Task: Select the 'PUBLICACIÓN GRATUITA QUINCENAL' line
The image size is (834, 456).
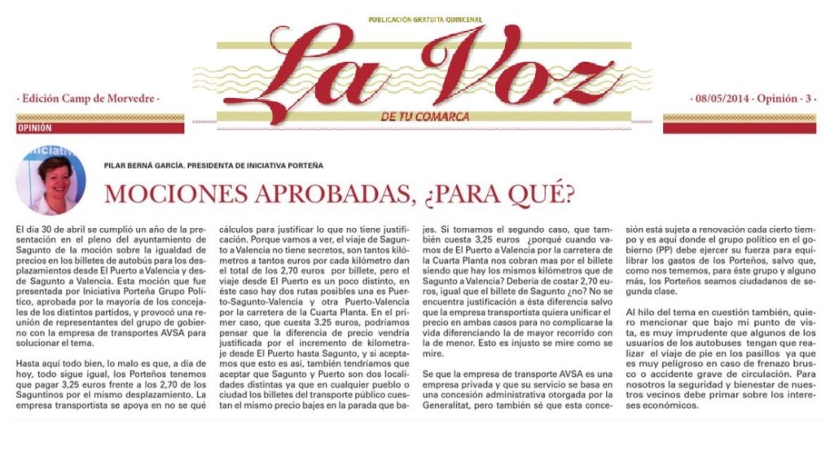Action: pos(425,19)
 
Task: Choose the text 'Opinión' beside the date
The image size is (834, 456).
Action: pos(775,99)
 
